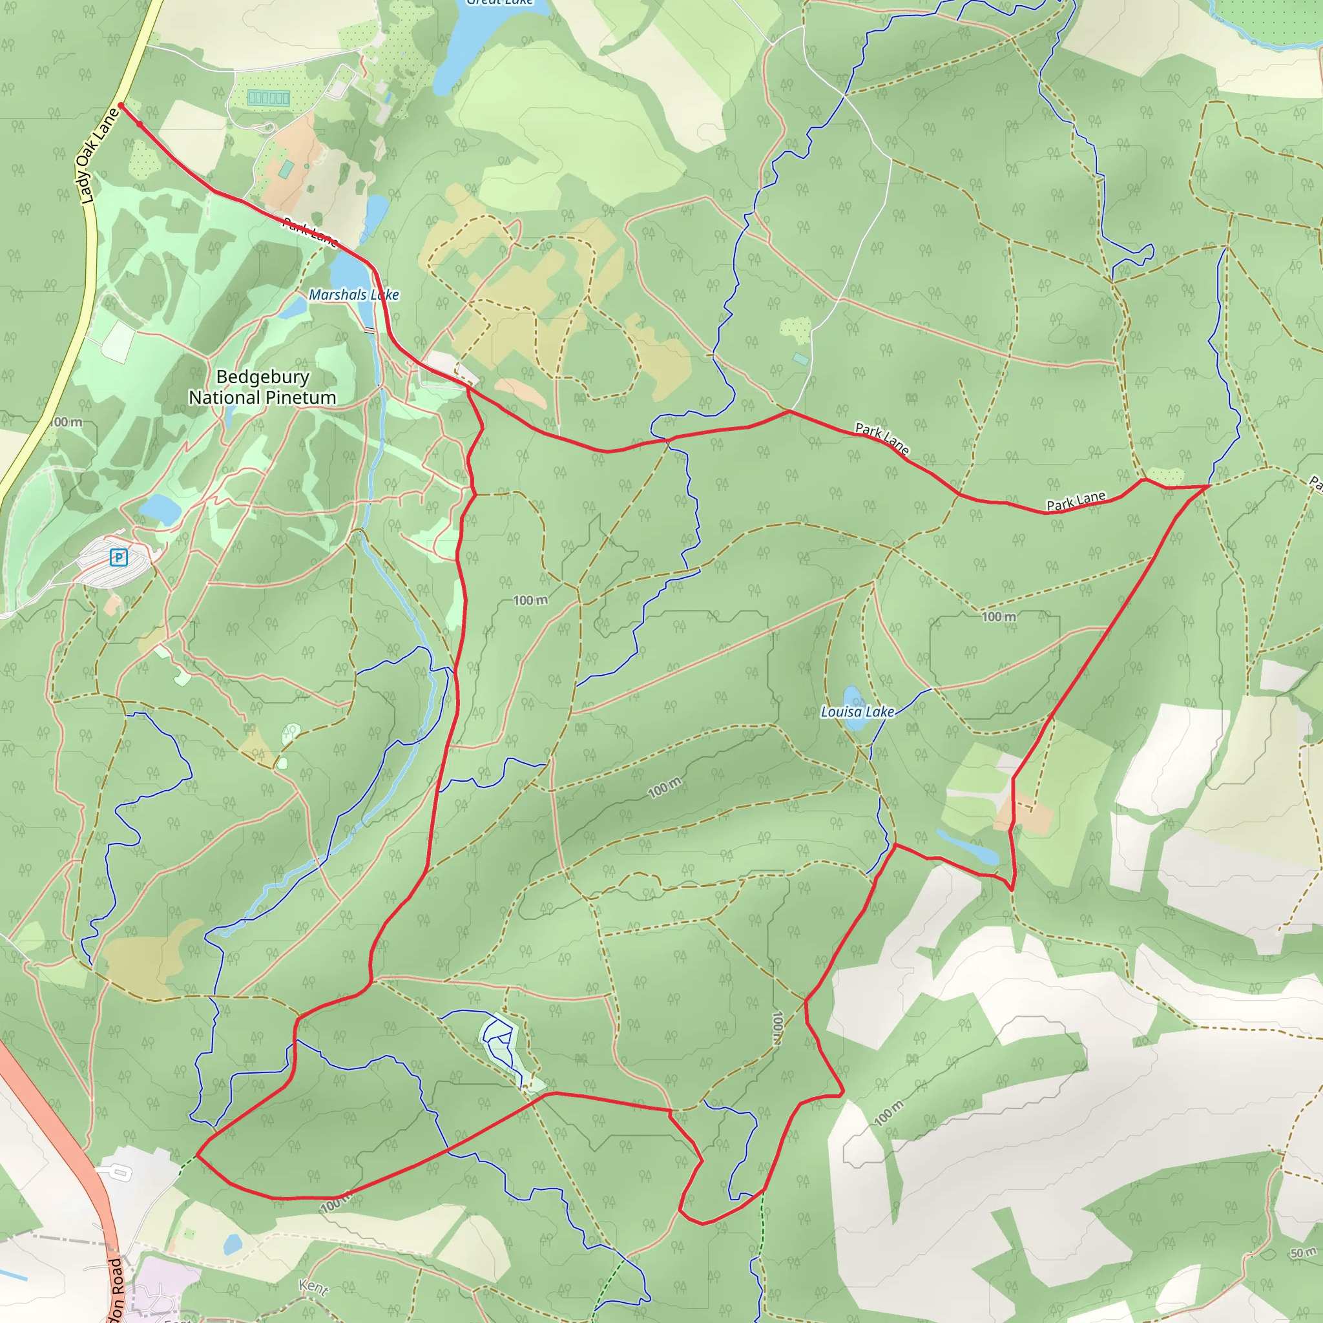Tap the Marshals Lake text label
[353, 295]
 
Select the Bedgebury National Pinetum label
[262, 387]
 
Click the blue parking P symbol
[118, 557]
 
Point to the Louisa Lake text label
[857, 712]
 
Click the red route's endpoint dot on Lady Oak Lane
[121, 105]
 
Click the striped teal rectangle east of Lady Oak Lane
[269, 98]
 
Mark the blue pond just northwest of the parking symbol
[160, 509]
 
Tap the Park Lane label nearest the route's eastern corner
[1076, 501]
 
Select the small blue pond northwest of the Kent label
[233, 1244]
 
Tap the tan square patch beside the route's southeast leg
[1023, 815]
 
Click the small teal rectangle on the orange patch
[287, 168]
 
